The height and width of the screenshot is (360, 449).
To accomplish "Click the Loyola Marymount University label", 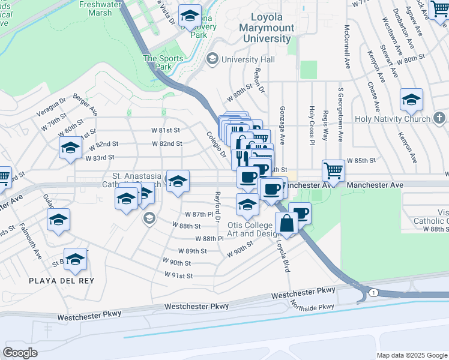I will point(267,28).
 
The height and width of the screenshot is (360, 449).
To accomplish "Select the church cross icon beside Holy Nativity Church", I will point(439,118).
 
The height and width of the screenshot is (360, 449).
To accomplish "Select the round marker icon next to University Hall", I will point(212,59).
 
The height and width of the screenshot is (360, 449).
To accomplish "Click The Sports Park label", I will point(157,62).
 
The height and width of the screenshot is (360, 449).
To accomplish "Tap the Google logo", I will point(20,353).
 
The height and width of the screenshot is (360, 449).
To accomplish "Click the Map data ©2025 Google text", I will point(411,355).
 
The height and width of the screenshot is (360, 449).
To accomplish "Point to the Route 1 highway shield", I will point(373,292).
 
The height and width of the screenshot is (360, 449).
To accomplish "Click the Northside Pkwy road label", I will point(312,307).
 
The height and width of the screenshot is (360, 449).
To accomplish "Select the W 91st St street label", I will point(179,275).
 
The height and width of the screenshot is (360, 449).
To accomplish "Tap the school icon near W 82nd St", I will point(70,148).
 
